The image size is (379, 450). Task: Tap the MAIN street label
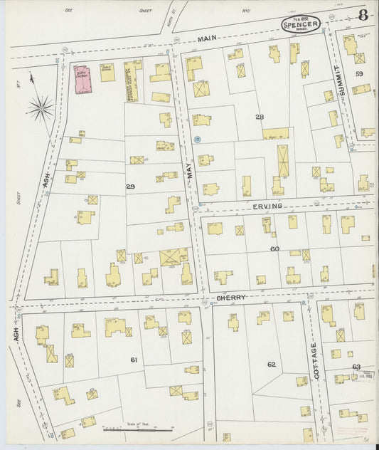207,38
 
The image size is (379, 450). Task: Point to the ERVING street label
267,206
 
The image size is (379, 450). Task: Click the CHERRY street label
231,298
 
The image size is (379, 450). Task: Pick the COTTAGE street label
313,359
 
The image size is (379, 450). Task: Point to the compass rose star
41,109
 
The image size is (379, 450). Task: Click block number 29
130,186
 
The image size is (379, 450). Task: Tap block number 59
360,74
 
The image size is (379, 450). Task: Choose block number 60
274,248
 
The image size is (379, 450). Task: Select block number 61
133,360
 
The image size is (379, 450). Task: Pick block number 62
271,365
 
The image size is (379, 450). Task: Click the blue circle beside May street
197,140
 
